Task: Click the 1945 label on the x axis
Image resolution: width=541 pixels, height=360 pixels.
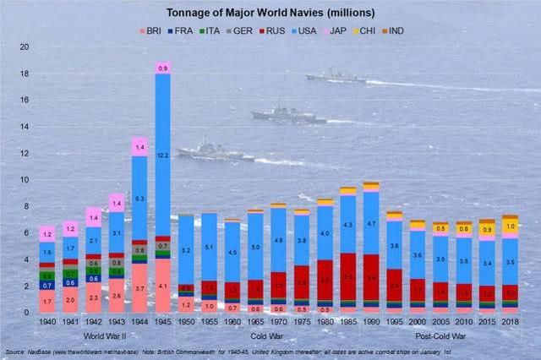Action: pyautogui.click(x=163, y=323)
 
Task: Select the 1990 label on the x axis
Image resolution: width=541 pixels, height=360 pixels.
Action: pyautogui.click(x=370, y=323)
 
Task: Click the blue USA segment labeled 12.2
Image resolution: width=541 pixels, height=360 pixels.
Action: pyautogui.click(x=163, y=155)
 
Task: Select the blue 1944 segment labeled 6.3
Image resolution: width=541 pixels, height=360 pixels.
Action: pyautogui.click(x=140, y=198)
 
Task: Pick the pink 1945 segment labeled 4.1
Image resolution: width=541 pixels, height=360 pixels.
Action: pyautogui.click(x=163, y=286)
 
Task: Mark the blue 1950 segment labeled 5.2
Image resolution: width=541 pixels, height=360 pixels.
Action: pyautogui.click(x=186, y=250)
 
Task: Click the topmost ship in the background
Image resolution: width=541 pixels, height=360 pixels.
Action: pyautogui.click(x=336, y=76)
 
